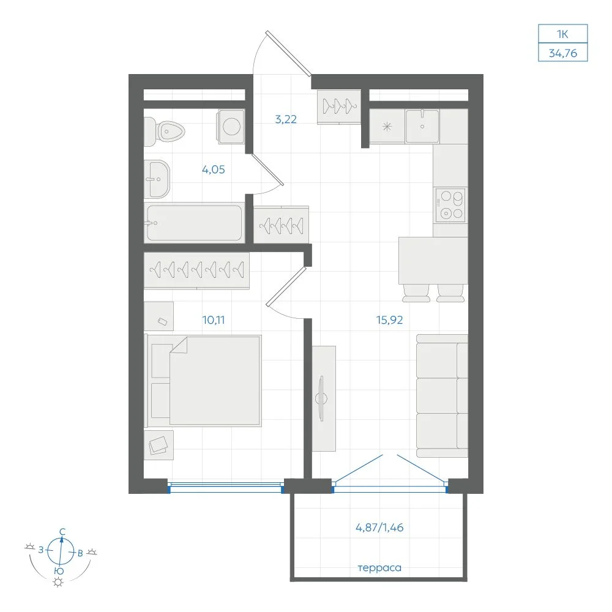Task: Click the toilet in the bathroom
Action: click(164, 132)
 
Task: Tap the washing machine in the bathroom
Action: click(231, 126)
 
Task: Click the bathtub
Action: click(194, 223)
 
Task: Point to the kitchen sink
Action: click(422, 125)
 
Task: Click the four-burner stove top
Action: click(450, 204)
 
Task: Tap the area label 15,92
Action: click(389, 320)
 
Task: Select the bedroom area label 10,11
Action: click(214, 320)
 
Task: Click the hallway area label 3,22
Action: click(286, 119)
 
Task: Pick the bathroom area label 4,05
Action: click(214, 170)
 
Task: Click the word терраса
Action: click(379, 568)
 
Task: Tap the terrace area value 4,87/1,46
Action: click(379, 528)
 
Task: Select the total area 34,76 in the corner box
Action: click(563, 53)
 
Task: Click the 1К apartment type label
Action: click(562, 34)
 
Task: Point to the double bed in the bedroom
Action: click(203, 381)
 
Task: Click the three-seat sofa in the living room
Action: click(442, 396)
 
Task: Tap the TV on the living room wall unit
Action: click(321, 398)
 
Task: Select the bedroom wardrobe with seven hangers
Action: click(196, 271)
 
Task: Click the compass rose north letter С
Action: click(62, 532)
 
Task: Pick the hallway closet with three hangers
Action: click(339, 106)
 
